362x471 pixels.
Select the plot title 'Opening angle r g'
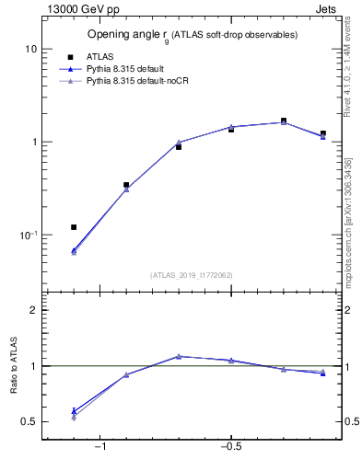click(192, 35)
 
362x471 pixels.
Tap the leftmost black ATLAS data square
click(74, 227)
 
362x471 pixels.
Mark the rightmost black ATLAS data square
click(322, 133)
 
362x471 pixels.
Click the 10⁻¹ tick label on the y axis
click(28, 235)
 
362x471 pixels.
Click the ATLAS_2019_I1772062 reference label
click(193, 274)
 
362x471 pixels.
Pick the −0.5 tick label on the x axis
click(229, 447)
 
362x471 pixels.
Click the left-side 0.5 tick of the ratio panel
click(29, 422)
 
